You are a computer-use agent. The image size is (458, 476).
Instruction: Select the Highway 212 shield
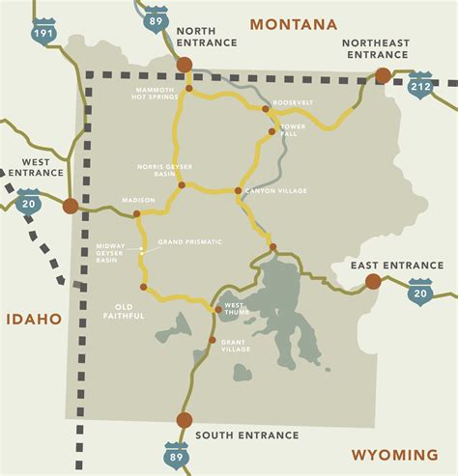[x=420, y=84]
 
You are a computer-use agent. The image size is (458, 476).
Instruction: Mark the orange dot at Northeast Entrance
[x=383, y=75]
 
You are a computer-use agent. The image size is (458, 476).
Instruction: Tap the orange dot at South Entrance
[x=184, y=419]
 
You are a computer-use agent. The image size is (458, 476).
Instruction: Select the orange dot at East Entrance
[x=373, y=282]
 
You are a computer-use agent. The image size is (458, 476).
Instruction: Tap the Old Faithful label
[x=123, y=311]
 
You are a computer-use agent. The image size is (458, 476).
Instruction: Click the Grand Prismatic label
[x=190, y=240]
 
